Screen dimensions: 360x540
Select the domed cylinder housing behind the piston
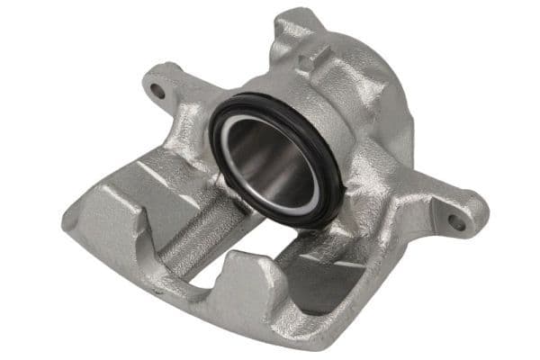tap(360, 99)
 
